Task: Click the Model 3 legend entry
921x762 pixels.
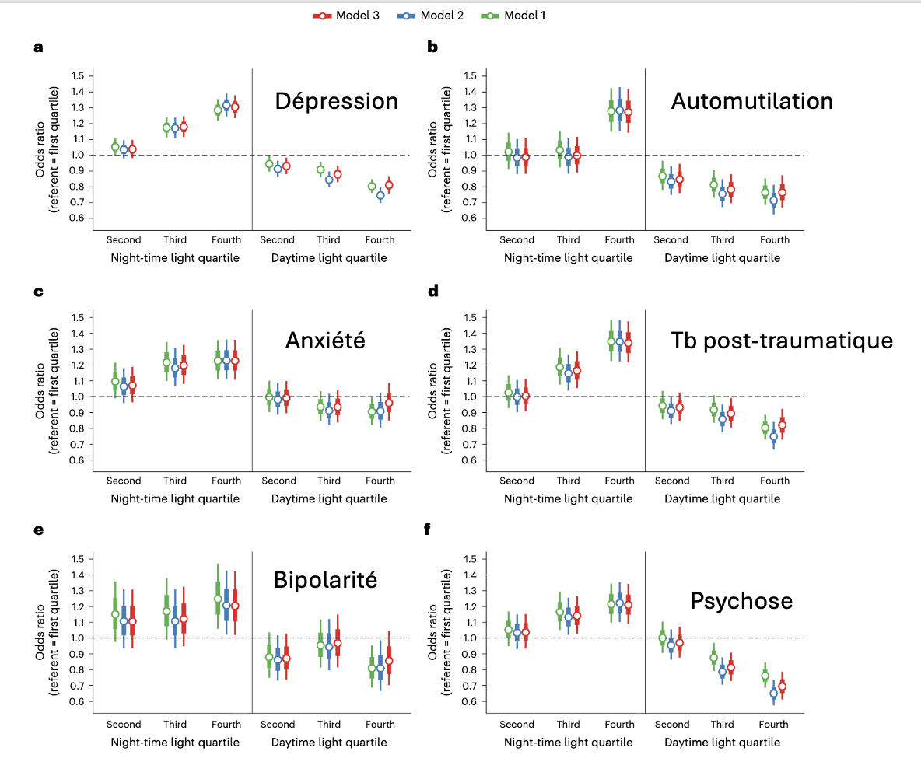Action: coord(346,16)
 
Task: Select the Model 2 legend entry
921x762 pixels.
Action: coord(430,16)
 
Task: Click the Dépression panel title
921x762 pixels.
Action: coord(336,101)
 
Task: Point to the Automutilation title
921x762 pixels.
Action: coord(751,101)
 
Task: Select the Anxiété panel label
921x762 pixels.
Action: coord(325,341)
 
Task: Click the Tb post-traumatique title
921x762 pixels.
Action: coord(782,341)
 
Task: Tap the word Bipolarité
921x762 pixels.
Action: coord(325,580)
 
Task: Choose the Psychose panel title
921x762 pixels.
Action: coord(741,601)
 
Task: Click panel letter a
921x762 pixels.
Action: coord(38,47)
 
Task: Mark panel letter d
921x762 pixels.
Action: coord(433,291)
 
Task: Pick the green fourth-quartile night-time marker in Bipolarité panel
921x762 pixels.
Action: coord(218,599)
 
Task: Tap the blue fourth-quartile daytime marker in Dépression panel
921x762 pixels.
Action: coord(381,196)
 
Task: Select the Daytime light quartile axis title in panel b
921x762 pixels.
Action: coord(722,258)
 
